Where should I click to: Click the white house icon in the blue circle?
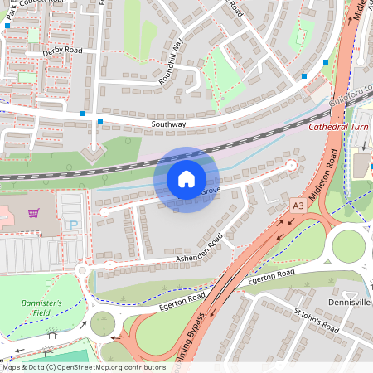coord(186,178)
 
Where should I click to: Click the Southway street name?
coord(168,124)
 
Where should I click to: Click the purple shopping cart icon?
coord(33,212)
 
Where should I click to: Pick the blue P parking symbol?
coord(72,225)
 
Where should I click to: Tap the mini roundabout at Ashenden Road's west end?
coord(82,270)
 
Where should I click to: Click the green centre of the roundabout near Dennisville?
coord(348,245)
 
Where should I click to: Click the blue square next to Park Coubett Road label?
coord(7,26)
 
